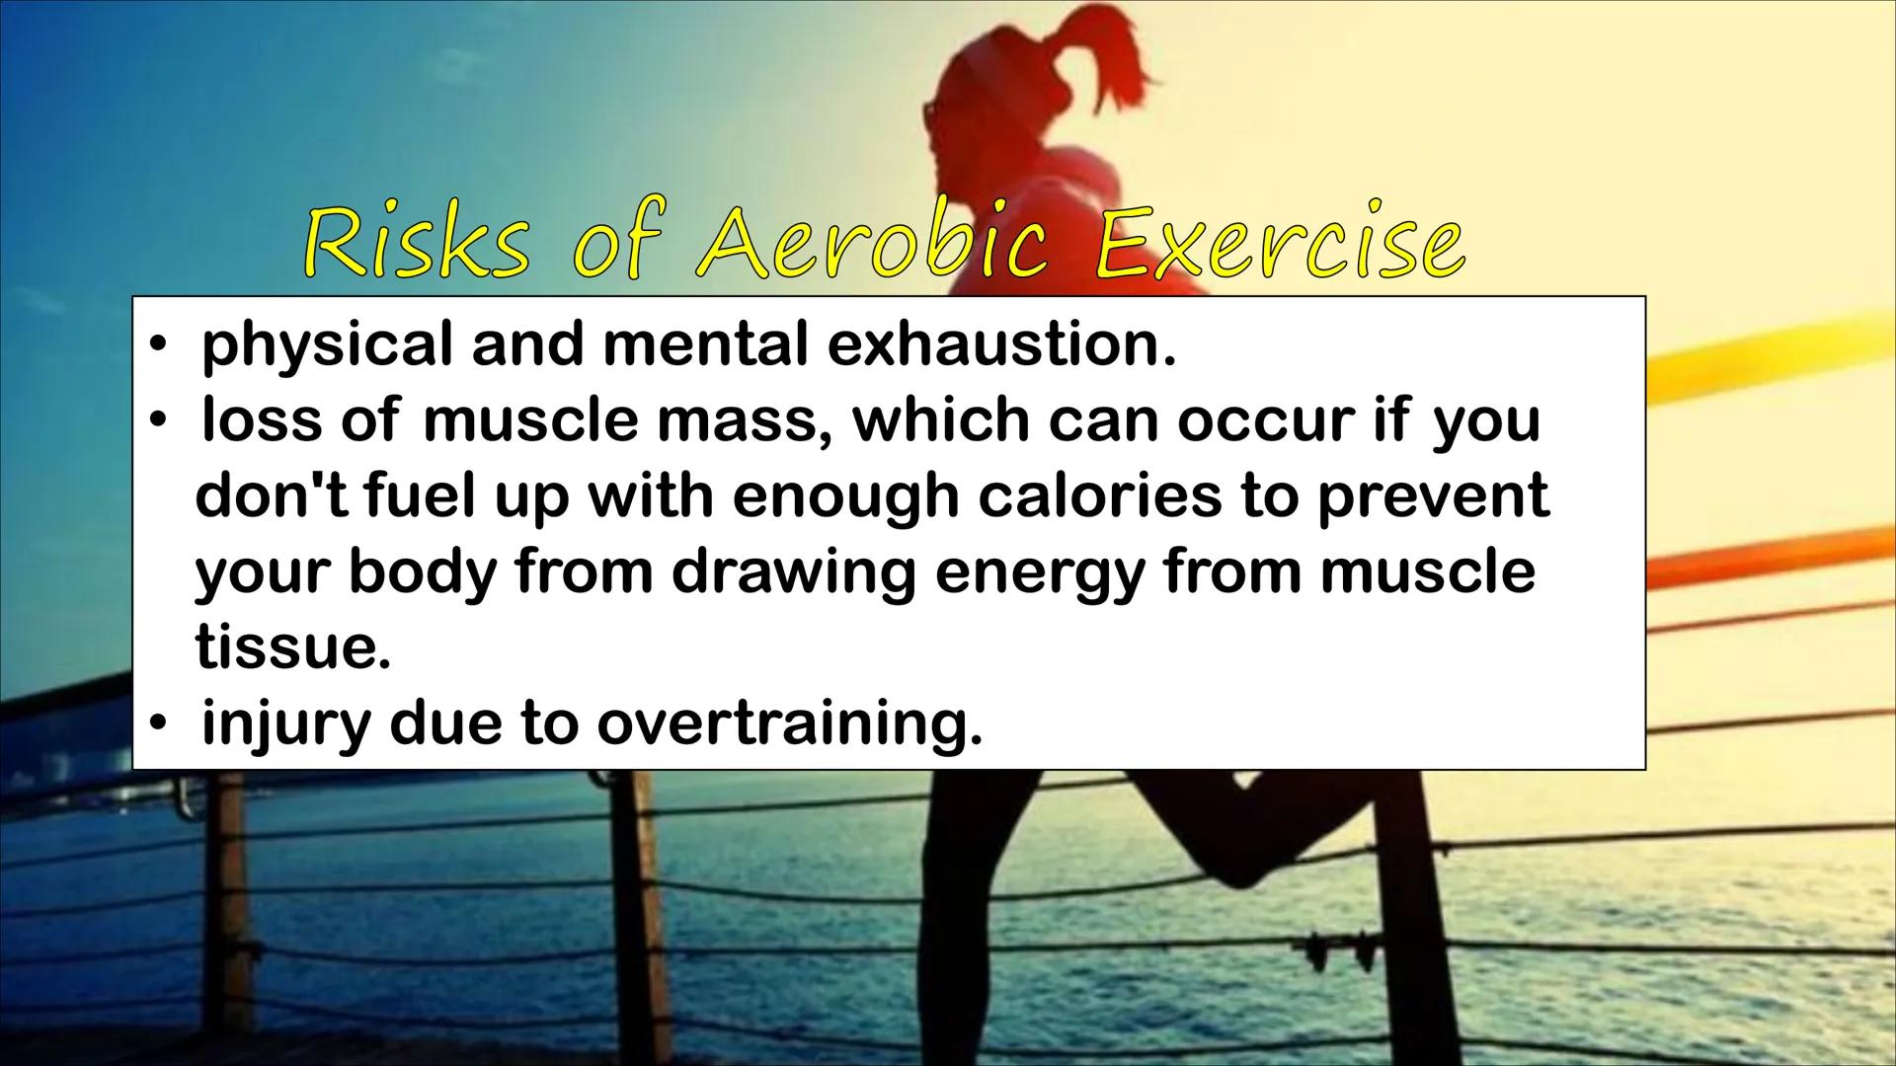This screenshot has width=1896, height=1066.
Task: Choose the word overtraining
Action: pos(790,724)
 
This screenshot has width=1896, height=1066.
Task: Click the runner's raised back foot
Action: pos(1249,849)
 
